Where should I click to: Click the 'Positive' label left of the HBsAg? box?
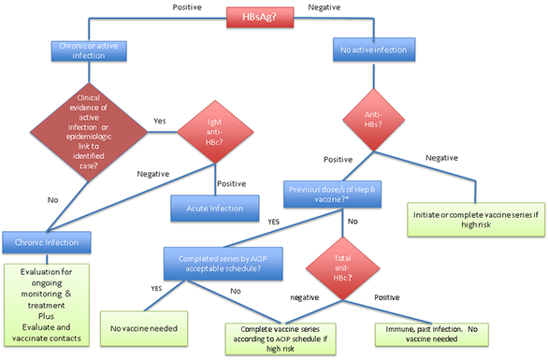point(188,7)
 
